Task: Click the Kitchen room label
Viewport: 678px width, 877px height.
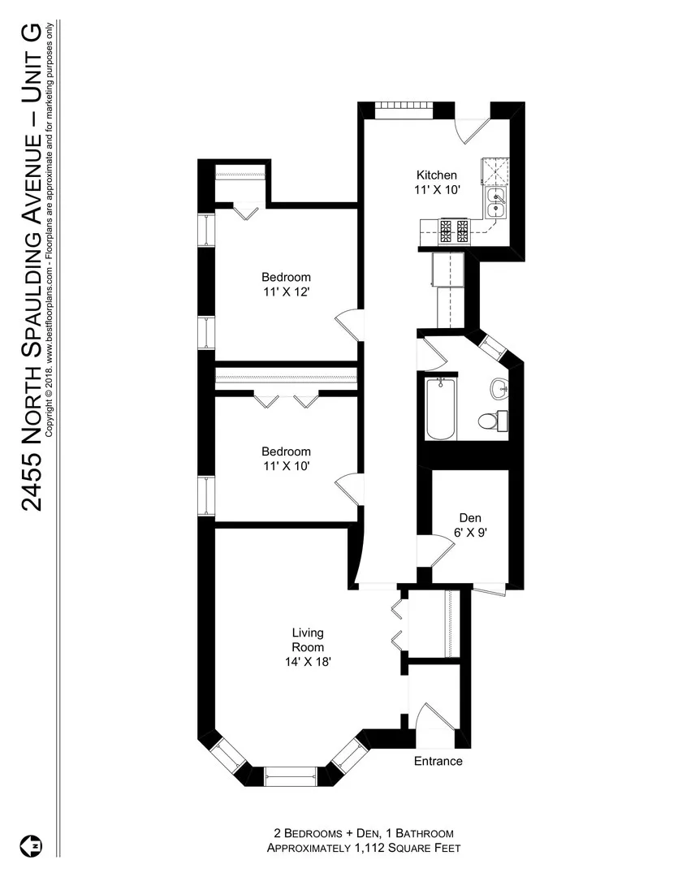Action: point(437,175)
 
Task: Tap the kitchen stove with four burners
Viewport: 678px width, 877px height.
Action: point(453,232)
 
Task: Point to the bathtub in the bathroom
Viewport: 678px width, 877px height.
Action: point(439,410)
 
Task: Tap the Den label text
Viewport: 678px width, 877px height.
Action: point(469,517)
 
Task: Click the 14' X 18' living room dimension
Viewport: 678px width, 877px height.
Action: point(308,662)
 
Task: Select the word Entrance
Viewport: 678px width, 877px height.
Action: point(438,761)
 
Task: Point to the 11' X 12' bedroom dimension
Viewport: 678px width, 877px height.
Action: point(286,291)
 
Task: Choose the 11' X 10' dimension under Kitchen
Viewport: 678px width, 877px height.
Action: point(438,190)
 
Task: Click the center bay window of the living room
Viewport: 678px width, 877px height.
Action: point(291,775)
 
